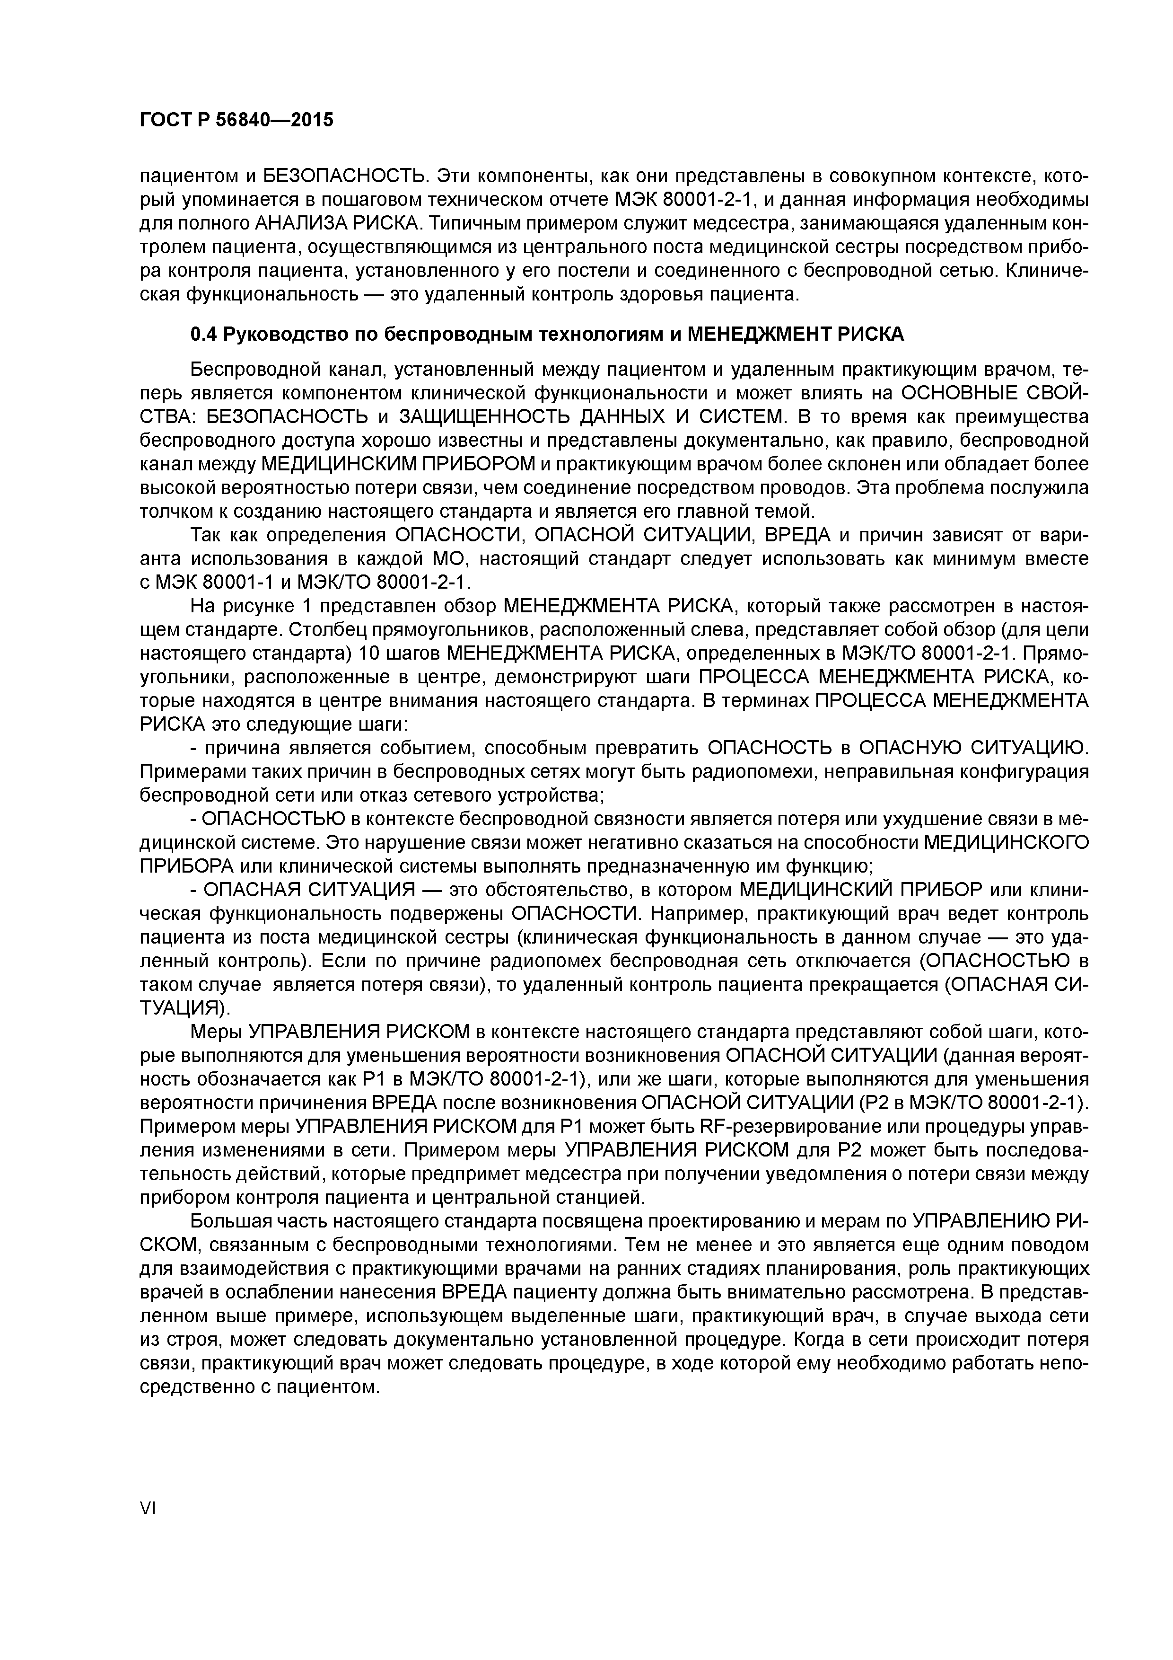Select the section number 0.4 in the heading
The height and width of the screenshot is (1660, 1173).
click(x=203, y=334)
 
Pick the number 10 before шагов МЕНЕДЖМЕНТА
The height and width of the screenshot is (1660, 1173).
click(x=369, y=653)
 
